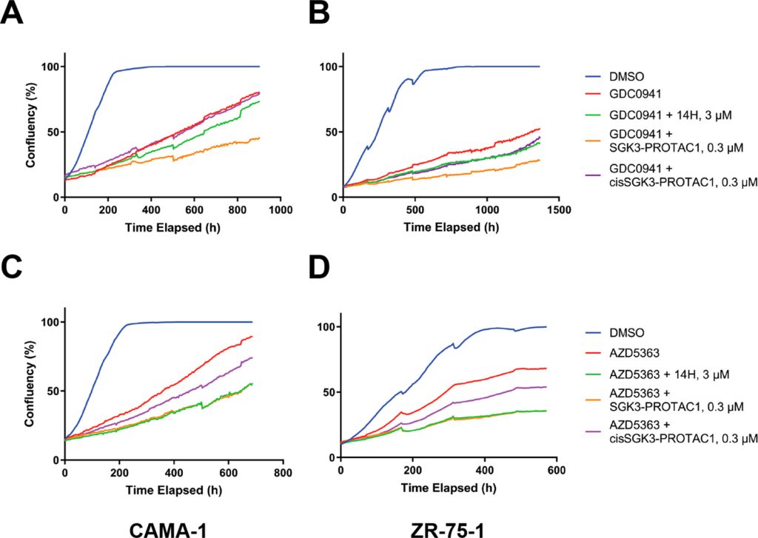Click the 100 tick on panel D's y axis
[x=323, y=326]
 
